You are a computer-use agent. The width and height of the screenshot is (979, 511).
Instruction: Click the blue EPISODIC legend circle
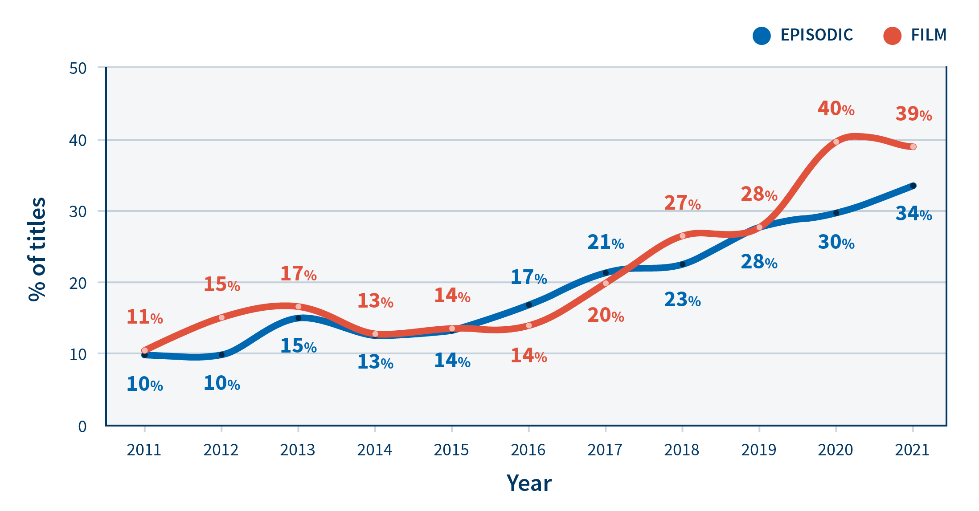(x=762, y=36)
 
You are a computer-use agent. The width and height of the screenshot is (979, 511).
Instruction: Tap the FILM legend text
(x=929, y=35)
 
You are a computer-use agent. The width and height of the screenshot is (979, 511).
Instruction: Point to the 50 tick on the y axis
(x=78, y=69)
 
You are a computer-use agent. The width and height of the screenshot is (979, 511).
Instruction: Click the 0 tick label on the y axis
(x=82, y=426)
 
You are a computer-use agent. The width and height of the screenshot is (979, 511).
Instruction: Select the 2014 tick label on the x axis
(x=374, y=450)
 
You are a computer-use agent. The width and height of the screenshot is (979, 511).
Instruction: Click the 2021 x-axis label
(x=912, y=450)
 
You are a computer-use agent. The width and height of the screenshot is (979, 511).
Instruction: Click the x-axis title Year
(x=529, y=483)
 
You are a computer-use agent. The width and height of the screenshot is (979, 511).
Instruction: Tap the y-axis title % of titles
(x=37, y=249)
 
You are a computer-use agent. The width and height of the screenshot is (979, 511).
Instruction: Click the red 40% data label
(x=836, y=109)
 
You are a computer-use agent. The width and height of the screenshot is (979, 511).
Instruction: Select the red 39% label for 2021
(x=913, y=114)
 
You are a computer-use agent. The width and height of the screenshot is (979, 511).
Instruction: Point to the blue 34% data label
(x=913, y=214)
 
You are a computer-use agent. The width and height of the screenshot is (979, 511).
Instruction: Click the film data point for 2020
(x=836, y=142)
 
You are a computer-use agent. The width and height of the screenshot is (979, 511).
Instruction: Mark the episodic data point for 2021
(x=913, y=186)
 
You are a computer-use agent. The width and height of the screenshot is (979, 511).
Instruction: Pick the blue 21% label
(x=606, y=242)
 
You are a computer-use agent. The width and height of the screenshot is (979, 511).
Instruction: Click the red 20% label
(x=606, y=315)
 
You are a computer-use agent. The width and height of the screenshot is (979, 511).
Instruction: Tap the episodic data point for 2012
(x=221, y=355)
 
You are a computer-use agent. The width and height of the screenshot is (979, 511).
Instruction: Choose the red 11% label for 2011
(x=145, y=317)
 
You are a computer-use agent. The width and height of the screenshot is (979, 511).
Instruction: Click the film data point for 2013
(x=298, y=307)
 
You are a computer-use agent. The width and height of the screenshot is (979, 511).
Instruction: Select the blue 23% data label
(x=682, y=300)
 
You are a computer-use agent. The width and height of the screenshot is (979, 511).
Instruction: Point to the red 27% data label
(x=682, y=203)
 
